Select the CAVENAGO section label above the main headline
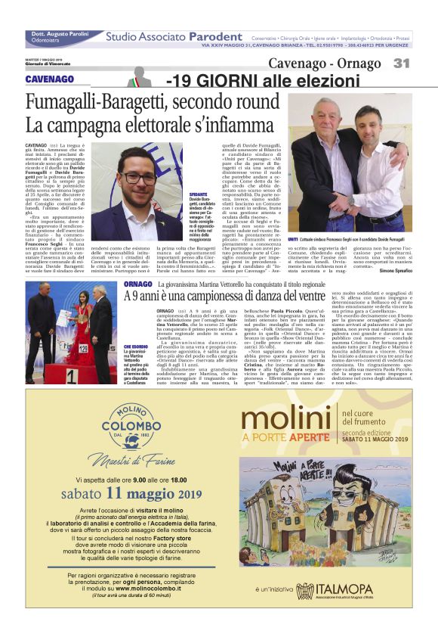50,79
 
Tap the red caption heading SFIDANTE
199,193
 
